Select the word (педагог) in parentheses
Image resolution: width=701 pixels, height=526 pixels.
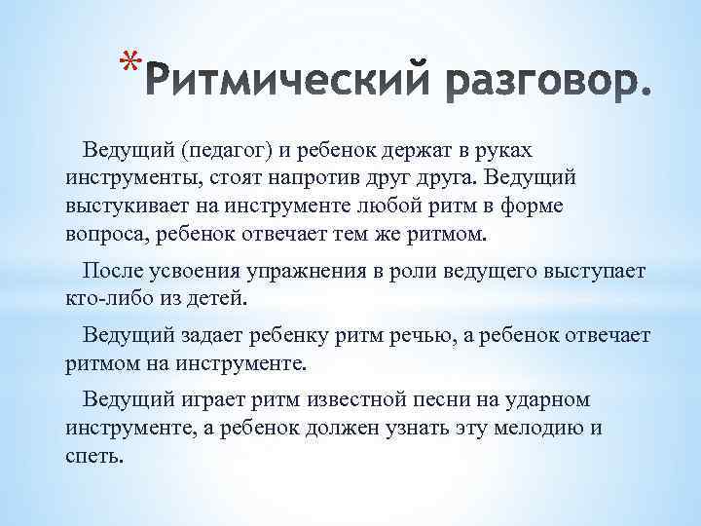224,152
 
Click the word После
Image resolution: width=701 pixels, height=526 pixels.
113,270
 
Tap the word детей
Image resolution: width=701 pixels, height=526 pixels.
220,297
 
